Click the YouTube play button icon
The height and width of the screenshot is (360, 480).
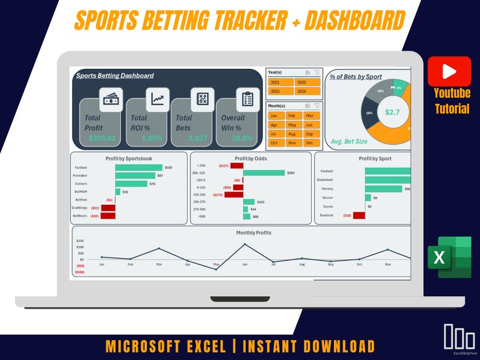click(x=449, y=71)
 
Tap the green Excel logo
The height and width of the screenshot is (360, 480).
click(x=450, y=257)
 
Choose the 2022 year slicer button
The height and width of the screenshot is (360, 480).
click(x=306, y=82)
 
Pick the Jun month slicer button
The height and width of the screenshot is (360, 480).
click(x=309, y=124)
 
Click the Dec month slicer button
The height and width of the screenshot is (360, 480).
click(x=309, y=143)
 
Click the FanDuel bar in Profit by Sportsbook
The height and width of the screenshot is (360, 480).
click(x=138, y=167)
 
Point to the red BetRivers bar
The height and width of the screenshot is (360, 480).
click(x=108, y=216)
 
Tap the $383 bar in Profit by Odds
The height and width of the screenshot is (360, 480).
click(x=264, y=173)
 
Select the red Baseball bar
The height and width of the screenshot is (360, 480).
click(x=359, y=215)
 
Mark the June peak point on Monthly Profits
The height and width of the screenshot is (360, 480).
click(x=245, y=245)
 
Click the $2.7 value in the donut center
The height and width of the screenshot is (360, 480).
click(x=392, y=112)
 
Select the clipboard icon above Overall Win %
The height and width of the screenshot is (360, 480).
click(x=247, y=99)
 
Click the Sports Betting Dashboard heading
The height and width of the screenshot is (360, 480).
click(x=115, y=76)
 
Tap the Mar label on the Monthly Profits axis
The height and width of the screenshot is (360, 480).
click(x=159, y=264)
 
